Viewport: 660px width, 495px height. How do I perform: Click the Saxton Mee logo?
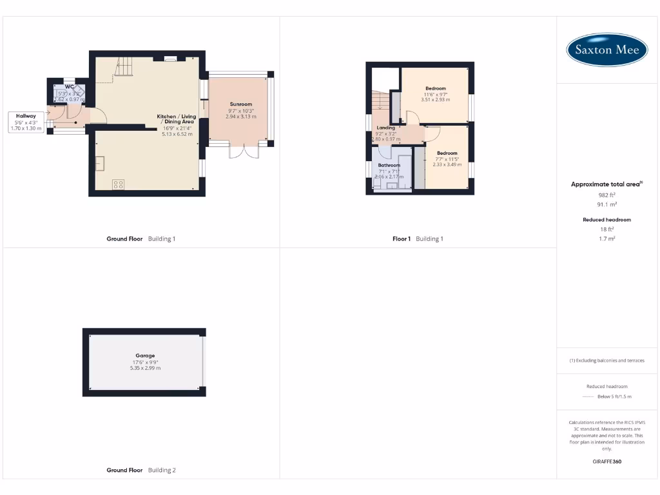click(607, 50)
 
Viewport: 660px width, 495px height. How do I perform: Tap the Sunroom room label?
click(240, 104)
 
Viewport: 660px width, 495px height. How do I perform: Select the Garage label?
click(145, 355)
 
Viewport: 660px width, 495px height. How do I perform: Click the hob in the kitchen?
click(119, 184)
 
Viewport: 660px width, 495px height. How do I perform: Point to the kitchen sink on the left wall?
click(100, 164)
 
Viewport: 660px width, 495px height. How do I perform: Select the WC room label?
click(70, 86)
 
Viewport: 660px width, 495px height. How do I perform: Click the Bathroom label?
click(389, 165)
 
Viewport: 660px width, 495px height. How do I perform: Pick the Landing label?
click(386, 128)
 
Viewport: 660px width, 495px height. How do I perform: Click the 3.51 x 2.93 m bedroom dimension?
click(435, 100)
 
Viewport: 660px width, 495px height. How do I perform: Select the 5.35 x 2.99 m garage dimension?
click(145, 368)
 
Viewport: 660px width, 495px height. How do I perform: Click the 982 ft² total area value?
click(607, 194)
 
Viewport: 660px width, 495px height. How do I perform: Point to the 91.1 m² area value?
click(607, 204)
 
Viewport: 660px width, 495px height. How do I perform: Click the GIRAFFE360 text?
click(607, 461)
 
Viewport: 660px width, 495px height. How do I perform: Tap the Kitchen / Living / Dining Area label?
click(177, 119)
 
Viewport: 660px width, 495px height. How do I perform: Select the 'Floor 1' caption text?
click(402, 238)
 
